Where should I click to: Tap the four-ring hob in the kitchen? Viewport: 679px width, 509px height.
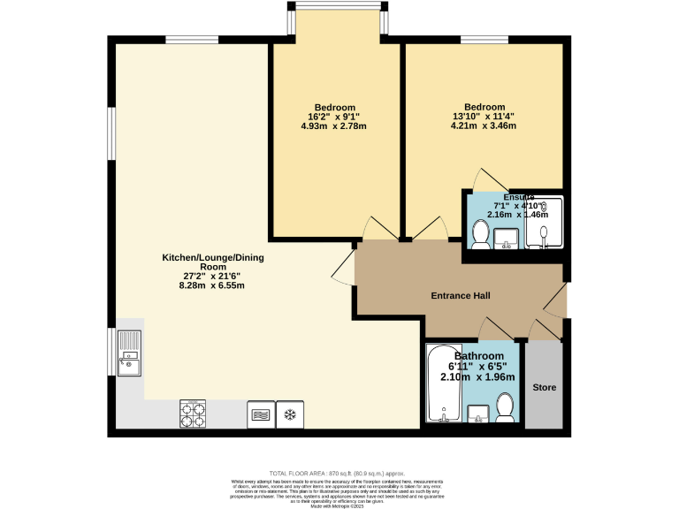[193, 414]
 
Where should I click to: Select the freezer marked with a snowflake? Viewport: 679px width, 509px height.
[289, 414]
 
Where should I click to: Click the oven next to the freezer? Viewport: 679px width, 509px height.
[261, 414]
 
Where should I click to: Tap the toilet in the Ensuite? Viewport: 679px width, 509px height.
[480, 234]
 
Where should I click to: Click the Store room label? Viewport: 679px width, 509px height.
[543, 387]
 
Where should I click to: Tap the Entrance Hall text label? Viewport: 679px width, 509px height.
[460, 296]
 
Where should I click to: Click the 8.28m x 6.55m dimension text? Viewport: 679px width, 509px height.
[211, 285]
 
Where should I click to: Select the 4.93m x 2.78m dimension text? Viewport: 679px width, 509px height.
[333, 126]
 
